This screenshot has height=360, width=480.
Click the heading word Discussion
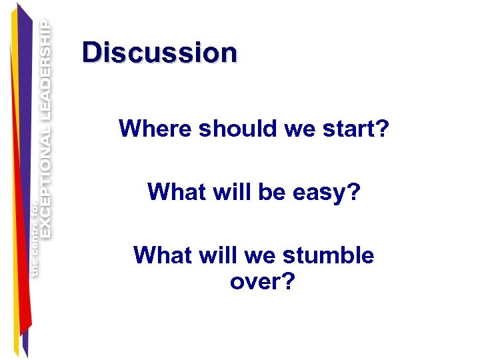point(159,53)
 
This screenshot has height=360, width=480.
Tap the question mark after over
point(288,282)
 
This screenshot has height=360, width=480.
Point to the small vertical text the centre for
point(35,240)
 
